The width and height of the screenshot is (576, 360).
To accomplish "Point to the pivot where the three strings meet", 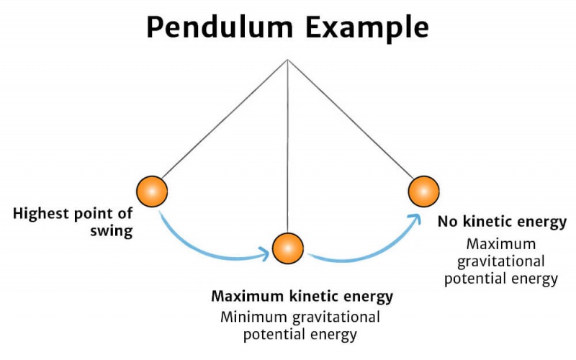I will pyautogui.click(x=288, y=60).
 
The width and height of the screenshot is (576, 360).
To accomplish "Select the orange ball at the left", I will pyautogui.click(x=152, y=191).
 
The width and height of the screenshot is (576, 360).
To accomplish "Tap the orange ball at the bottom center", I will pyautogui.click(x=287, y=248).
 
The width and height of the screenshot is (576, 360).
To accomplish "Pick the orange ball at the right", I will pyautogui.click(x=423, y=191).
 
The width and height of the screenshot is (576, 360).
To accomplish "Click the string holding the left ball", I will pyautogui.click(x=223, y=122).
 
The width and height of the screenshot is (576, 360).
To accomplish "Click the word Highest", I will pyautogui.click(x=40, y=215).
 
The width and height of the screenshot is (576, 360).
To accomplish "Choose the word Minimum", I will pyautogui.click(x=253, y=317).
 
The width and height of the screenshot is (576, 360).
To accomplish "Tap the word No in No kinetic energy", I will pyautogui.click(x=446, y=222).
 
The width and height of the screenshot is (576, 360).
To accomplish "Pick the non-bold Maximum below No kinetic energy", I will pyautogui.click(x=500, y=243).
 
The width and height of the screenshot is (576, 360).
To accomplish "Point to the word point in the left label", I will pyautogui.click(x=90, y=215).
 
